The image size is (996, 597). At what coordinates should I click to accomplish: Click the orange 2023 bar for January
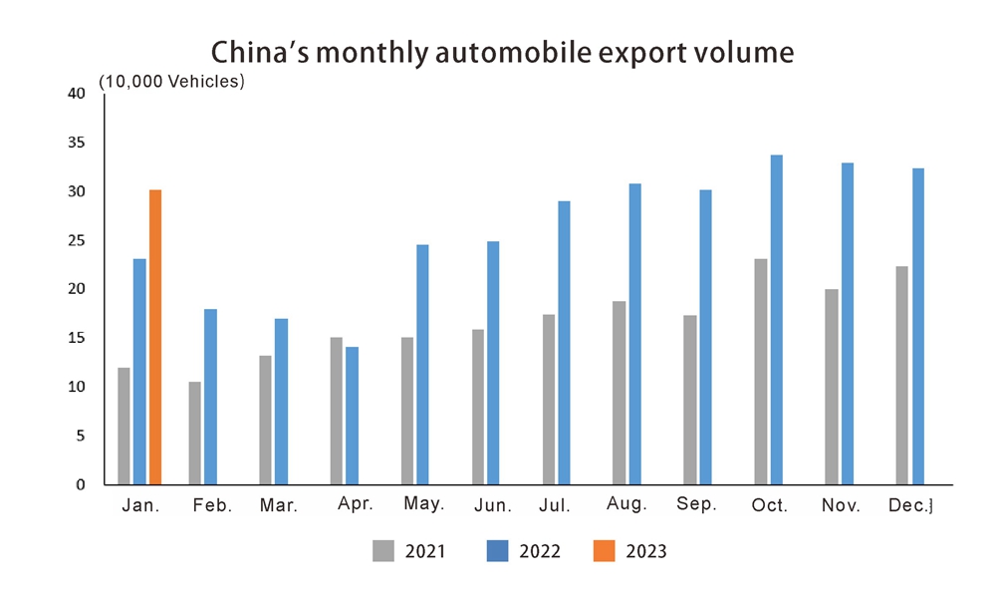(155, 337)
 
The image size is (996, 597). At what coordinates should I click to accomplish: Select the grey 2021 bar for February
(194, 433)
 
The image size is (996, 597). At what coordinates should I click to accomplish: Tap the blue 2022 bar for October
(777, 319)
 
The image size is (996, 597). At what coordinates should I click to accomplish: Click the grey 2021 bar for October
(761, 371)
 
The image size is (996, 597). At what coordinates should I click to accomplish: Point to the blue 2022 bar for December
(918, 326)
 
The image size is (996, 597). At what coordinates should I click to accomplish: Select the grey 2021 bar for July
(549, 399)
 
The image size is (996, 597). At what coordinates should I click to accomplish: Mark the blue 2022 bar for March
(281, 401)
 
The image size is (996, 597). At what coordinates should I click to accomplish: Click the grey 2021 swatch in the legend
(384, 550)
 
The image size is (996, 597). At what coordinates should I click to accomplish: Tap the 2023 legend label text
(646, 551)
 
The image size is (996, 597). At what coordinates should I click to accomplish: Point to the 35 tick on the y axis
(77, 143)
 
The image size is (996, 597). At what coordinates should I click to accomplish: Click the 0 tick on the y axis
(82, 484)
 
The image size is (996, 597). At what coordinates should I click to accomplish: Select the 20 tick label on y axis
(77, 289)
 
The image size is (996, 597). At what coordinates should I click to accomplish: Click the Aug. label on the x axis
(626, 505)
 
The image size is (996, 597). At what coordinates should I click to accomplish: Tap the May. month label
(424, 504)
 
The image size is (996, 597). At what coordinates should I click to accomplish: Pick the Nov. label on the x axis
(841, 506)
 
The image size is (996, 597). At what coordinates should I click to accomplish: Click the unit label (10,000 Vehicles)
(171, 82)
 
